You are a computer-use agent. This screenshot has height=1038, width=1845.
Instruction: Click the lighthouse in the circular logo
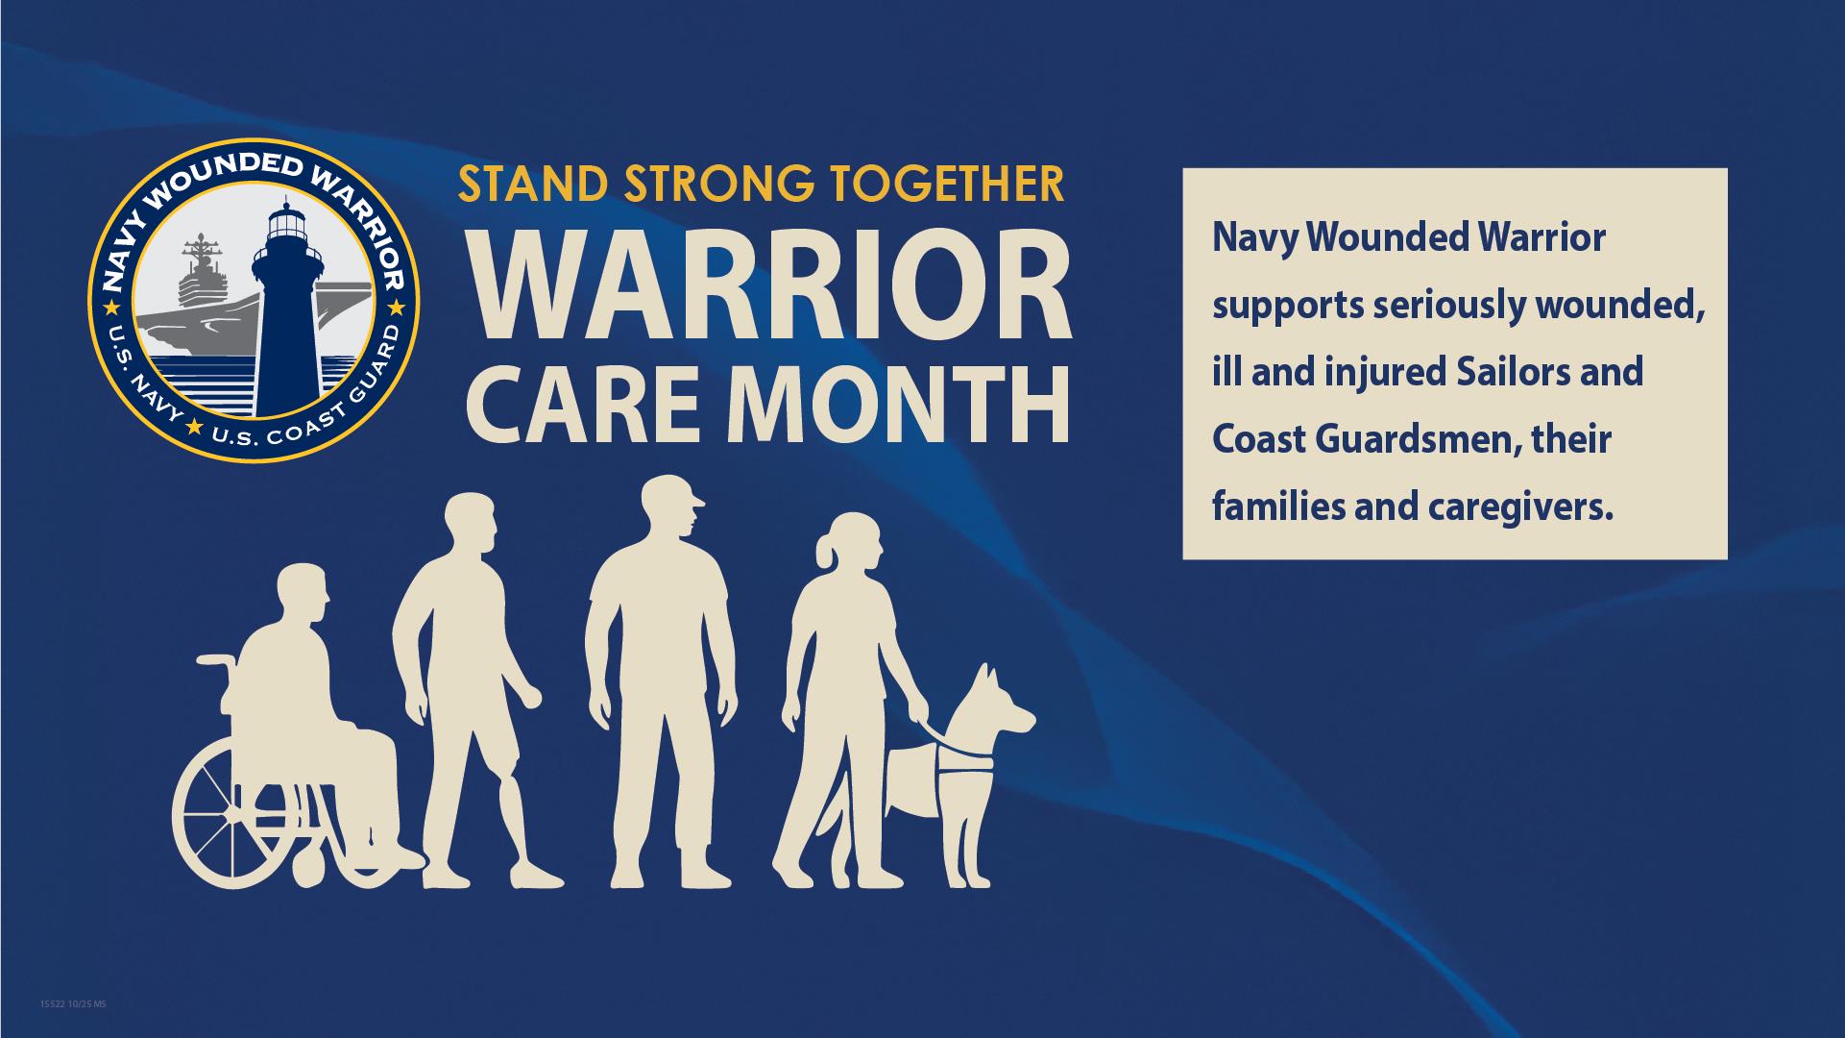(x=283, y=317)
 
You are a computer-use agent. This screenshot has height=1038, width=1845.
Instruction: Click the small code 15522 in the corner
(x=50, y=1004)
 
